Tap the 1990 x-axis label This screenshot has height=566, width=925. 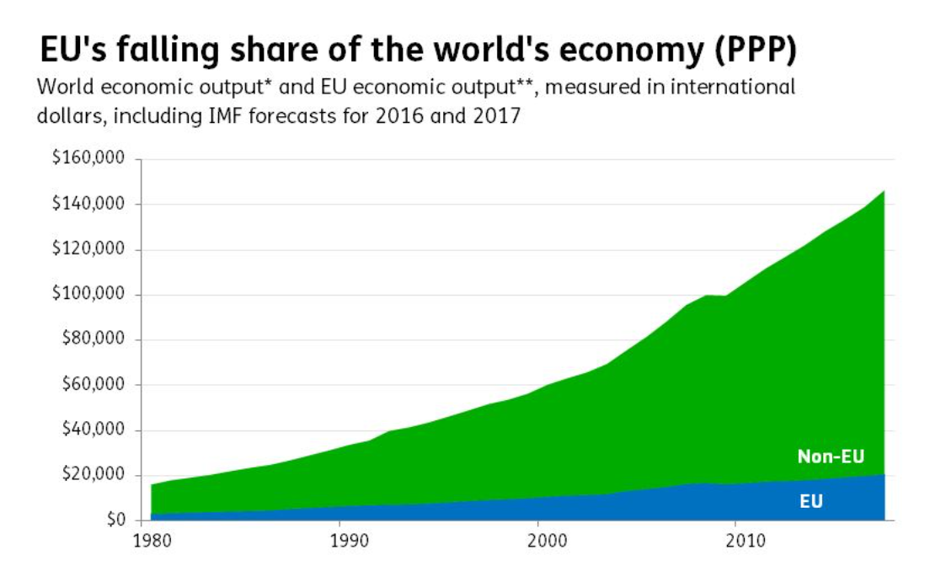click(341, 539)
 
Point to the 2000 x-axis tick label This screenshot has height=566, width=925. click(540, 539)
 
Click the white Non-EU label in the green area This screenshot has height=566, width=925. click(831, 457)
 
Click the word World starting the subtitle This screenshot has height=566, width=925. click(61, 88)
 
